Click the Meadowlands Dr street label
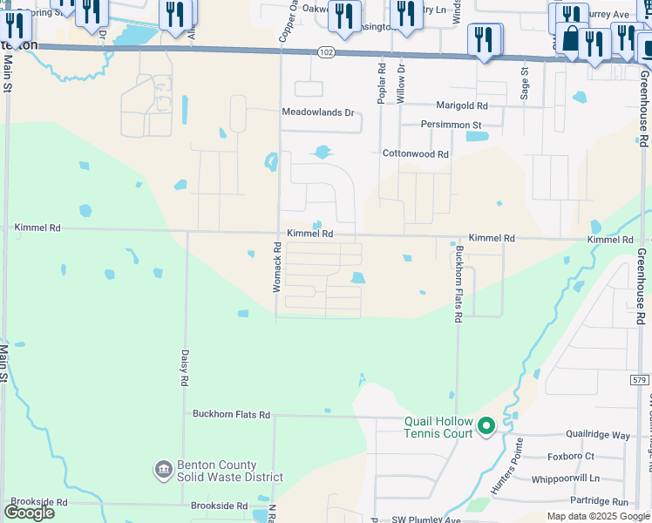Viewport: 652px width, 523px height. [x=318, y=112]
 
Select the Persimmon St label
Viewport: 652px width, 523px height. [x=451, y=126]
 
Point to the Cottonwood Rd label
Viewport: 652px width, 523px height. [x=416, y=153]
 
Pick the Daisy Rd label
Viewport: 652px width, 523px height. [x=185, y=368]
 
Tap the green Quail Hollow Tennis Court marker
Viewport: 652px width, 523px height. [x=486, y=426]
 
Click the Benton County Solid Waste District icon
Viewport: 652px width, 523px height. [x=163, y=471]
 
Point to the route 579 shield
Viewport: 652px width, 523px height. [x=640, y=379]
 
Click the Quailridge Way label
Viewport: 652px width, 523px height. [x=597, y=435]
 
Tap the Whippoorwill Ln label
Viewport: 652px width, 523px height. [x=571, y=479]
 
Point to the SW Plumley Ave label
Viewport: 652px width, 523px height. [x=425, y=520]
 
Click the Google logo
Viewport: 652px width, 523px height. [x=29, y=512]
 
